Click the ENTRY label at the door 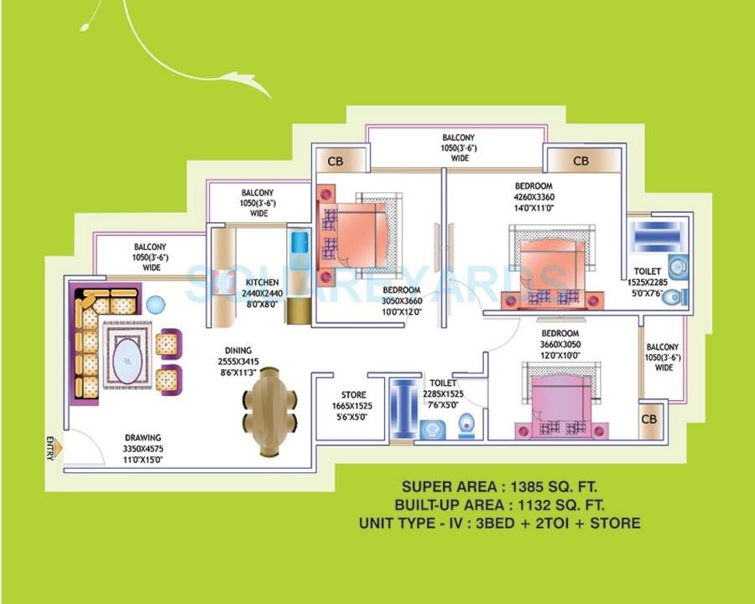(50, 449)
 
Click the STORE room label (353, 395)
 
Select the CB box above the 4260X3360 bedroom (581, 160)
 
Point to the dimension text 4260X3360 (534, 197)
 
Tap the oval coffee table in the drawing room (127, 361)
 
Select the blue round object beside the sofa (154, 304)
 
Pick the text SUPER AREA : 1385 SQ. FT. (501, 486)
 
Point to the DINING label (238, 351)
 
